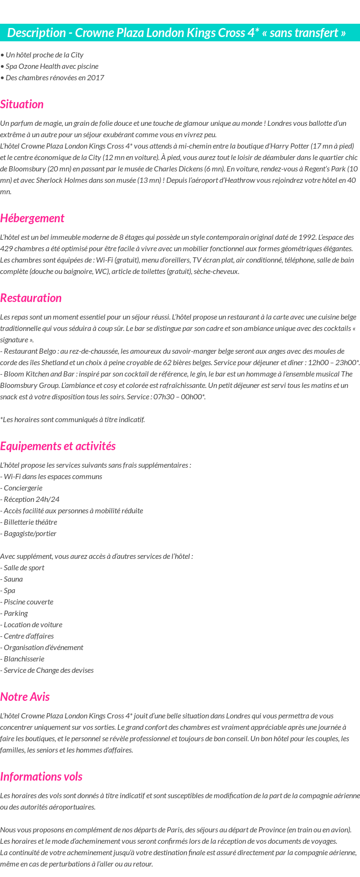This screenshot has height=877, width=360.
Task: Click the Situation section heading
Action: pos(22,104)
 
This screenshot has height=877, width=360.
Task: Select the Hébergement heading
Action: pos(32,218)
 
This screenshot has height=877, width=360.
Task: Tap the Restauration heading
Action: pos(31,298)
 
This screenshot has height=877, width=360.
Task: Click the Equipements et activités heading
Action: pos(58,446)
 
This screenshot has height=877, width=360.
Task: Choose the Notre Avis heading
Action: pos(25,697)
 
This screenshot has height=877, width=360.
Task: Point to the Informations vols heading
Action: pos(41,777)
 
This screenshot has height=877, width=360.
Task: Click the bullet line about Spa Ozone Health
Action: pos(50,66)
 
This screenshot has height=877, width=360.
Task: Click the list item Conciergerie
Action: pos(21,488)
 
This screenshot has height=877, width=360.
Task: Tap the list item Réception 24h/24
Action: pos(30,500)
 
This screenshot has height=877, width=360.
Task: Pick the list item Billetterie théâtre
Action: pos(28,522)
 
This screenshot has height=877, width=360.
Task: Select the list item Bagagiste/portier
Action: pos(28,534)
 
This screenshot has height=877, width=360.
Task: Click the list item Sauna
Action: pos(12,579)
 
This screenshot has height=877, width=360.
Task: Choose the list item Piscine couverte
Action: pos(27,602)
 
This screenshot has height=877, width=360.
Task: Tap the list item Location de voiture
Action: pos(31,625)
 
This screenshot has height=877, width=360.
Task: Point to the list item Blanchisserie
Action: pos(22,659)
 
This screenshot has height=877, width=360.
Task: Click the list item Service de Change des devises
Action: pos(47,670)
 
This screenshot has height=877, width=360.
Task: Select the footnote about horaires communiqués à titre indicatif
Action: pos(73,420)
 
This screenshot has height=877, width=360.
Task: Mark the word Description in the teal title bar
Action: pos(37,33)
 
